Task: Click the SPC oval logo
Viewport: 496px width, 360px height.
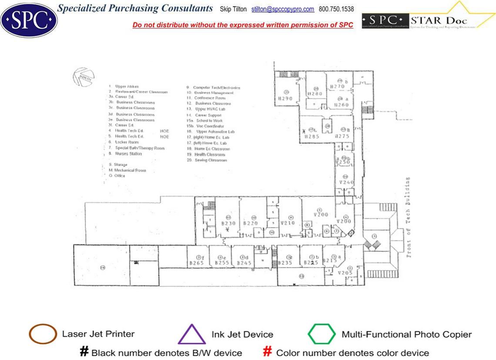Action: (x=29, y=20)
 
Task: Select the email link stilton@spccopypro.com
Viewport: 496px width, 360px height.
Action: (x=283, y=9)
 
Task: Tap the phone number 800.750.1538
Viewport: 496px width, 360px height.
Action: (x=336, y=9)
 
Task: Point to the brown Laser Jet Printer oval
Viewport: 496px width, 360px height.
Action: (x=43, y=334)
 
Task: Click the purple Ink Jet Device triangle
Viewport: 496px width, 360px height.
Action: (x=191, y=335)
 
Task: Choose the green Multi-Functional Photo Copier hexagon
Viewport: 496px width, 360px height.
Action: (x=322, y=334)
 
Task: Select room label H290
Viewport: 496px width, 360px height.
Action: (x=285, y=99)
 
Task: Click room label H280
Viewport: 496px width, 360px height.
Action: (x=315, y=94)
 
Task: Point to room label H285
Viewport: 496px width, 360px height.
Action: (x=312, y=136)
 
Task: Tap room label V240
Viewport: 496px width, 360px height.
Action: (x=346, y=182)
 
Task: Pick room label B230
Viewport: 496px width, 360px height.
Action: (x=228, y=223)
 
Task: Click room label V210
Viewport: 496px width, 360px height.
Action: (x=288, y=223)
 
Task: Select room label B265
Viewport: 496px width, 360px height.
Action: (x=197, y=263)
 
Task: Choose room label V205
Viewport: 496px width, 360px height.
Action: (x=345, y=273)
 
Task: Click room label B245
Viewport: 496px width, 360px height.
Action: (x=245, y=263)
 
